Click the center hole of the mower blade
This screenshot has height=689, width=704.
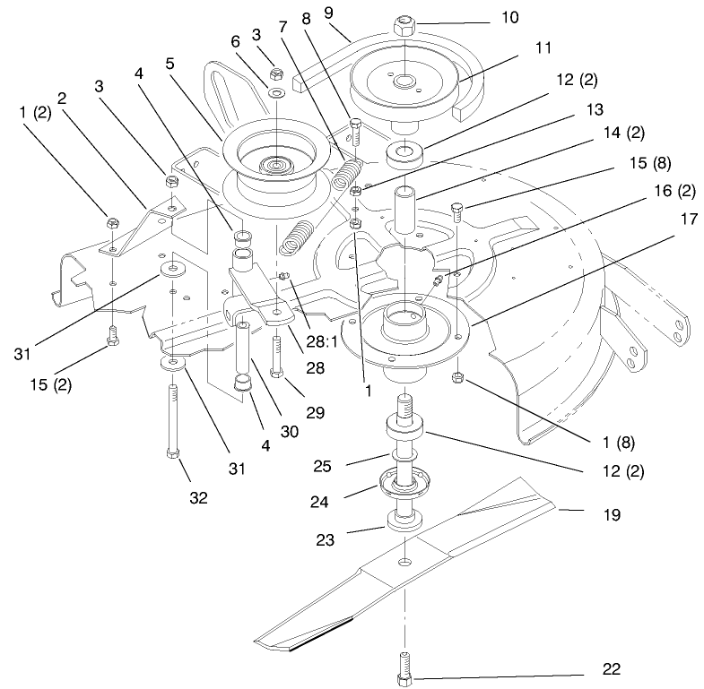click(405, 562)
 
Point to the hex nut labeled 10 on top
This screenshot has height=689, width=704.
click(403, 21)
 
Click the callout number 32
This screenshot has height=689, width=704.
click(199, 497)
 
